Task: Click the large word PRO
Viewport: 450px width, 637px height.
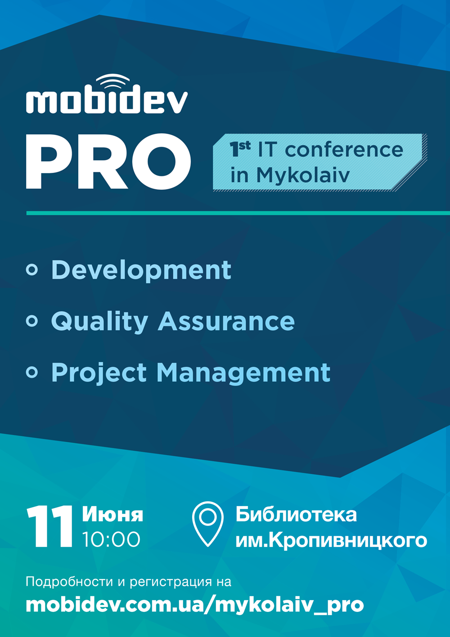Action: coord(108,161)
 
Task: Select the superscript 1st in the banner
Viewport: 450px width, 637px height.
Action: coord(240,149)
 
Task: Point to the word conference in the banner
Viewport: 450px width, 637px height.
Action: coord(344,150)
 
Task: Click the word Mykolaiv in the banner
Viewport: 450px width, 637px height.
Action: coord(303,175)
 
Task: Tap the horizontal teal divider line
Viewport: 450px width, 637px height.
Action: coord(238,213)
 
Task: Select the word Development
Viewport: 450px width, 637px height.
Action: coord(141,270)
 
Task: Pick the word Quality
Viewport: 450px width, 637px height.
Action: coord(99,322)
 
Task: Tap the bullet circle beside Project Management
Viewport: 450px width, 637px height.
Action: coord(32,372)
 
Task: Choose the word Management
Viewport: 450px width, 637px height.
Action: coord(243,373)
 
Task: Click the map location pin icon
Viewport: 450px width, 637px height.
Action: coord(208,524)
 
